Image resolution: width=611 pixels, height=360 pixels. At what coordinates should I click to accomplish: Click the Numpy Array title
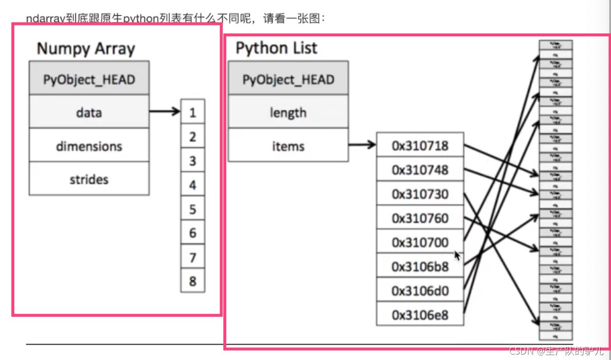(x=86, y=49)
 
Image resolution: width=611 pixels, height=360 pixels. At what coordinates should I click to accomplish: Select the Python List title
(x=276, y=48)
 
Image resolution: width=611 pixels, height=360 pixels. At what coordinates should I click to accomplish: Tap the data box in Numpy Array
(x=89, y=112)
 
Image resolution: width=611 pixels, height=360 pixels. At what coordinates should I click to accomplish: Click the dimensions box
(x=89, y=146)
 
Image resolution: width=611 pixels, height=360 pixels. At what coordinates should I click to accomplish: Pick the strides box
(x=89, y=179)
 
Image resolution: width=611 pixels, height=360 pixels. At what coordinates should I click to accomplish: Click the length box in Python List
(x=288, y=113)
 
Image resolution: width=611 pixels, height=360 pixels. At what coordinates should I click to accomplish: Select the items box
(x=288, y=146)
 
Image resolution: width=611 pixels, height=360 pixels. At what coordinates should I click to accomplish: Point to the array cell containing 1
(x=192, y=113)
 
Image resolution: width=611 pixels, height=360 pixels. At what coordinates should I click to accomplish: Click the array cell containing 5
(x=192, y=209)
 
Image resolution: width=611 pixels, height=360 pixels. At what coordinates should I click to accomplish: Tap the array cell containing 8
(x=192, y=281)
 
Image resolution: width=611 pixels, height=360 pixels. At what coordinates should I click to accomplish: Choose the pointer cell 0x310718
(x=420, y=146)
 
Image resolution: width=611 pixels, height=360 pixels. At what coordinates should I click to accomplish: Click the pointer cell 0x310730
(x=420, y=194)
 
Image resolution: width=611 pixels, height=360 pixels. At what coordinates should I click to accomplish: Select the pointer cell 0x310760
(x=420, y=218)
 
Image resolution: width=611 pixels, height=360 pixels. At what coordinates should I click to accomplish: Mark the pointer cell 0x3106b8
(x=420, y=266)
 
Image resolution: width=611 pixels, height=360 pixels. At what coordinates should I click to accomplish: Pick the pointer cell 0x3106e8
(x=420, y=315)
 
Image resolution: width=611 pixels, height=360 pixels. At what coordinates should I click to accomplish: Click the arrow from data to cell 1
(x=165, y=112)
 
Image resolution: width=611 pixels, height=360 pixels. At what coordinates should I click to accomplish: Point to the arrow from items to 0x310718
(x=363, y=145)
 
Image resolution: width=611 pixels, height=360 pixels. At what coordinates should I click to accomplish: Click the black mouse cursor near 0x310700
(x=458, y=255)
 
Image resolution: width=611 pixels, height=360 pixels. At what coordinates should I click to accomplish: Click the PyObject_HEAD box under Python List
(x=288, y=79)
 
